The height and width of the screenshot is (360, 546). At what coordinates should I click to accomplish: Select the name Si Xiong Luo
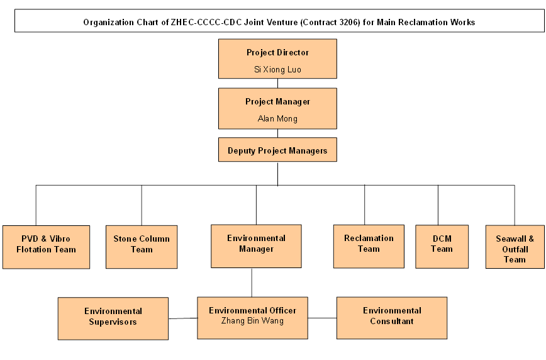(x=277, y=69)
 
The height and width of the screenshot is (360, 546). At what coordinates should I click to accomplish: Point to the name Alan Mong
(x=277, y=118)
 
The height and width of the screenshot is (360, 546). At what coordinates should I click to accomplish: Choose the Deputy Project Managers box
(x=277, y=150)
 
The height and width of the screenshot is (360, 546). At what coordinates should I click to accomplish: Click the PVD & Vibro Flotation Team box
(x=46, y=247)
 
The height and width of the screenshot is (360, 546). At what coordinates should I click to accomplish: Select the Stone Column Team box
(x=142, y=247)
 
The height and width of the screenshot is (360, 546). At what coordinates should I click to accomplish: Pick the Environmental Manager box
(x=256, y=245)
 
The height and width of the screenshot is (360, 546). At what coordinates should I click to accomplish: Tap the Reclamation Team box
(x=369, y=245)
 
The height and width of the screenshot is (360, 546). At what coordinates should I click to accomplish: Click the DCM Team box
(x=442, y=245)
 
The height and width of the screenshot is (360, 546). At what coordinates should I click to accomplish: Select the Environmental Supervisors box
(x=113, y=318)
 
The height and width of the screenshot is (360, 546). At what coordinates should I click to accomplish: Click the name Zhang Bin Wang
(x=252, y=321)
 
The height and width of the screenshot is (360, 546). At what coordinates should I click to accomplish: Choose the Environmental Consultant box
(x=392, y=317)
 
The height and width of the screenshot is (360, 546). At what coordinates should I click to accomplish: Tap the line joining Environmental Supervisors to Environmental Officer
(x=182, y=318)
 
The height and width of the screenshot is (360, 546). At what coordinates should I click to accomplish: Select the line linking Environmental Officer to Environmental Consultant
(x=322, y=318)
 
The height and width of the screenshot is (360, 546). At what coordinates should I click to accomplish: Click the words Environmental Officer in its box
(x=252, y=310)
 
